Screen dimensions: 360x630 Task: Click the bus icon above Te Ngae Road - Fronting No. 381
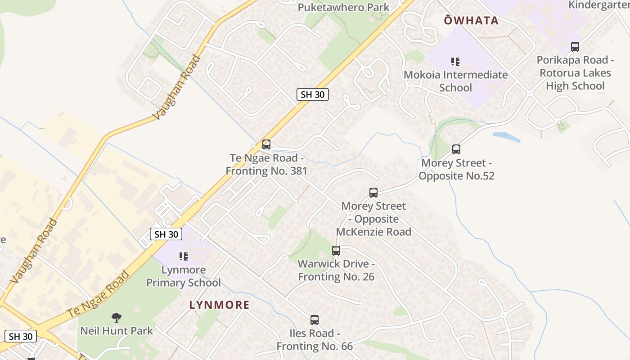(266, 144)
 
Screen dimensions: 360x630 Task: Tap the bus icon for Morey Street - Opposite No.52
(456, 149)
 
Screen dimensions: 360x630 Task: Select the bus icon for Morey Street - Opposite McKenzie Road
(373, 193)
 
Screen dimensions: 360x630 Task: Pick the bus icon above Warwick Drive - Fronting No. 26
(336, 251)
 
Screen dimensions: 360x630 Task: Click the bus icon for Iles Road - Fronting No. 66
(315, 320)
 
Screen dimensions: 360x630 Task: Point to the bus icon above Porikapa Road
(575, 46)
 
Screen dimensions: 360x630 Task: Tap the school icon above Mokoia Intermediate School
(455, 61)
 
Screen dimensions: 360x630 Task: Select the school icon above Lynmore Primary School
(184, 256)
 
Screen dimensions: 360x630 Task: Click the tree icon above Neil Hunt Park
(117, 318)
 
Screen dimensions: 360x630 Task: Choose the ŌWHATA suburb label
(471, 20)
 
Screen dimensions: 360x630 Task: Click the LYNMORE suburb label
(219, 305)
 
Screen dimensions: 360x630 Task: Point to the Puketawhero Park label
(343, 7)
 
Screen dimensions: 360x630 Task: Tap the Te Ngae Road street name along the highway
(98, 293)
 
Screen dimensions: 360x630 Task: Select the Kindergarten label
(599, 4)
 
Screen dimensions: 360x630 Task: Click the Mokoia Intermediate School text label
(455, 81)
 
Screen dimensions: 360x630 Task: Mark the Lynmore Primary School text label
(184, 276)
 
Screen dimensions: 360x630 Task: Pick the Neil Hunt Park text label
(117, 331)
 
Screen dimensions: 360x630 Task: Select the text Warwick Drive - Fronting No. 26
(336, 270)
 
